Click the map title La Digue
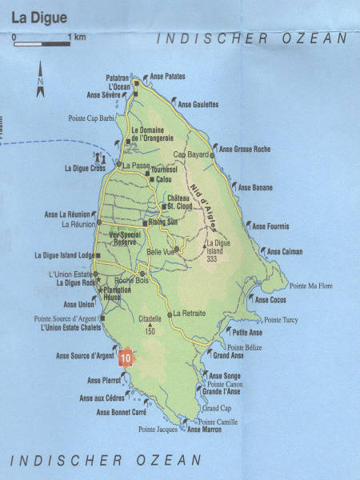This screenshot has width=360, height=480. pos(36,16)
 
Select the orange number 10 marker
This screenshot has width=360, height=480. pos(124,358)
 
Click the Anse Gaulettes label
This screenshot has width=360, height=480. pos(198,105)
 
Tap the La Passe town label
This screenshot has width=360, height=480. pos(135,166)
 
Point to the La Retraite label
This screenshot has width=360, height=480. pos(190,313)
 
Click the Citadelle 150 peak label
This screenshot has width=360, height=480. pos(150,323)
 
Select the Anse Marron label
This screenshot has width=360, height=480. pos(203,430)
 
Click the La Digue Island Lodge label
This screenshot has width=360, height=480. pos(66,255)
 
